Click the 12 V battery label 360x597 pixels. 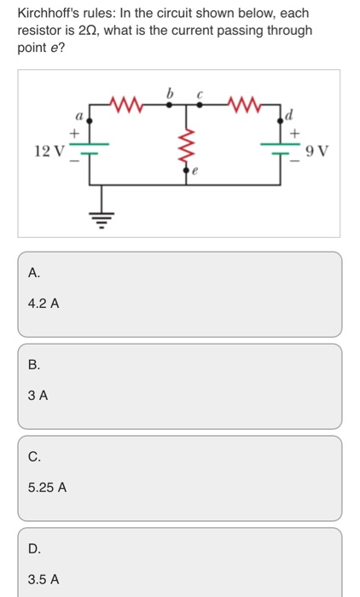coord(48,152)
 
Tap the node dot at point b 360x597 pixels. coord(169,105)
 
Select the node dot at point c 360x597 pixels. coord(200,105)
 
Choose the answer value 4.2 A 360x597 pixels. coord(43,302)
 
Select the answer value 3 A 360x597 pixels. coord(38,395)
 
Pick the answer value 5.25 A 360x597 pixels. coord(47,487)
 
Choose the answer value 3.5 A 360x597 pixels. coord(43,579)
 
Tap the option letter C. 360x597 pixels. coord(33,456)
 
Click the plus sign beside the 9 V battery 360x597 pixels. coord(296,134)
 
